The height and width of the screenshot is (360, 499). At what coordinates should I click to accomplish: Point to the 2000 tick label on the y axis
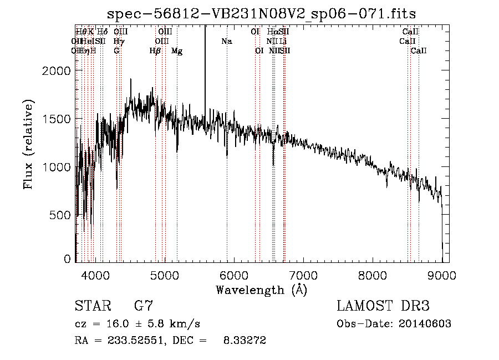click(x=57, y=71)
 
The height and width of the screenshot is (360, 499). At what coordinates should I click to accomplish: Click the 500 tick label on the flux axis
click(x=61, y=215)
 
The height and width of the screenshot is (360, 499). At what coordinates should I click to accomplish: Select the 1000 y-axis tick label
click(x=57, y=167)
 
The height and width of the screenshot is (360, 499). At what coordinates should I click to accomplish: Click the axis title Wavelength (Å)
click(x=261, y=290)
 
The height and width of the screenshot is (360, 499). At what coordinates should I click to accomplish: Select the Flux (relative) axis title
click(x=28, y=144)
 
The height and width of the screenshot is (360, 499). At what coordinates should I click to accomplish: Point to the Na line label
click(x=226, y=41)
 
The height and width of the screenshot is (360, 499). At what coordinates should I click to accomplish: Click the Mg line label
click(x=177, y=51)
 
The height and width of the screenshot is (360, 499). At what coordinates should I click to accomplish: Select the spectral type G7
click(x=143, y=306)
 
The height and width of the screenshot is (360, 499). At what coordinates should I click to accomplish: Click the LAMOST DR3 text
click(x=383, y=306)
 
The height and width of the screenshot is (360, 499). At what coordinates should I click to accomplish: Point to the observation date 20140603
click(x=421, y=324)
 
